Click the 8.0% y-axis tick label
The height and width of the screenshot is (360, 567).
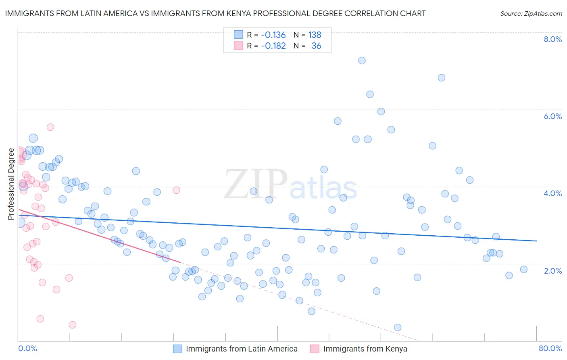pos(552,39)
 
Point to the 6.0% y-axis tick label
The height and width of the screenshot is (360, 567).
pos(552,116)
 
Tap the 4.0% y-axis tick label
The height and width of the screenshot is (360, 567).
pos(552,193)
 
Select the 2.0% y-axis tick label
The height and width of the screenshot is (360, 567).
pos(552,271)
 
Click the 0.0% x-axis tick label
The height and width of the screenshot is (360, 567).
pos(27,348)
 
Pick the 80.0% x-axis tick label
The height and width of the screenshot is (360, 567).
pos(550,348)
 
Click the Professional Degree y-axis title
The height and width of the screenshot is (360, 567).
pos(11,184)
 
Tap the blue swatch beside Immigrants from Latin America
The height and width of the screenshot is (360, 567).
pos(178,349)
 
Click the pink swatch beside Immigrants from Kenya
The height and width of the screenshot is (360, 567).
pos(315,349)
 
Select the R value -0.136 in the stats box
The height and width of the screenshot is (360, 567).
pos(273,35)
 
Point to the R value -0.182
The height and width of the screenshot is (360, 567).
pos(273,46)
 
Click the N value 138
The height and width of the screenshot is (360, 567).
pos(315,35)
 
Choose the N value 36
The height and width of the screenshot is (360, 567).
pos(316,46)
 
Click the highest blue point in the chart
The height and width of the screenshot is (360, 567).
pos(362,61)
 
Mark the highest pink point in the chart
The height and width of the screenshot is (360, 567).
pos(50,127)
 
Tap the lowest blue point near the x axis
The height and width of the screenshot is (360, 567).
pos(398,327)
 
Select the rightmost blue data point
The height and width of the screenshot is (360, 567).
pos(523,270)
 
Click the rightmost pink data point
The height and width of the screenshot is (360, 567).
pos(176,190)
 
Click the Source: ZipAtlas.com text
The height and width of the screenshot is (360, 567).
pos(531,14)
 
